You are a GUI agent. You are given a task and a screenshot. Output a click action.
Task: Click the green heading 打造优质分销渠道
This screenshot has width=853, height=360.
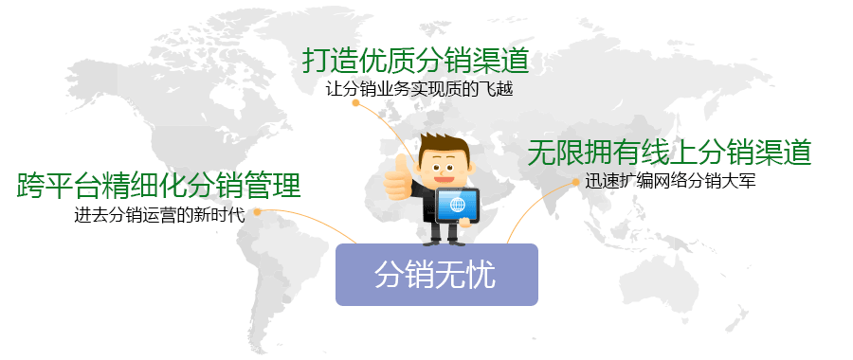point(415,61)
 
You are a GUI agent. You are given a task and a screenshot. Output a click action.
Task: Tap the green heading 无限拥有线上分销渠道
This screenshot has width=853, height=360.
point(670,152)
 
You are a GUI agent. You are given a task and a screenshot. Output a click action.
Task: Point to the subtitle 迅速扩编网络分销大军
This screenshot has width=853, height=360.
point(670,181)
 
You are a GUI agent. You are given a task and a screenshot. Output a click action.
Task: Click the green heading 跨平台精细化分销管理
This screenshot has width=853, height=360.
point(159,185)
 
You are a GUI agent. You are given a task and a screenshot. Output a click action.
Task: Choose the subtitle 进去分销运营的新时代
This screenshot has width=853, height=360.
point(159,214)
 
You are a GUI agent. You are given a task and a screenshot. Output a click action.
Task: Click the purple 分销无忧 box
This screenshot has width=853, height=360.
point(437,275)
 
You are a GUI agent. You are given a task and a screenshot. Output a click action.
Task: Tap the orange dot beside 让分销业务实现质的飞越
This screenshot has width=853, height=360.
point(355,104)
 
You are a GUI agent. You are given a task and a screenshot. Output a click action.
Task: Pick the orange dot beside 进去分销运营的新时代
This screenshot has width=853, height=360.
point(253,211)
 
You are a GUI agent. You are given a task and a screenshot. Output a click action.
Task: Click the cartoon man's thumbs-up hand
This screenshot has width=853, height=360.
point(397,176)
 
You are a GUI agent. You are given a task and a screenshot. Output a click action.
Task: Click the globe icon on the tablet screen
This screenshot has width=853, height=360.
point(459,204)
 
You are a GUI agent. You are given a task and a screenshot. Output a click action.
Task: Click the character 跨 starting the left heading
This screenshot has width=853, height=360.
point(31,185)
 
